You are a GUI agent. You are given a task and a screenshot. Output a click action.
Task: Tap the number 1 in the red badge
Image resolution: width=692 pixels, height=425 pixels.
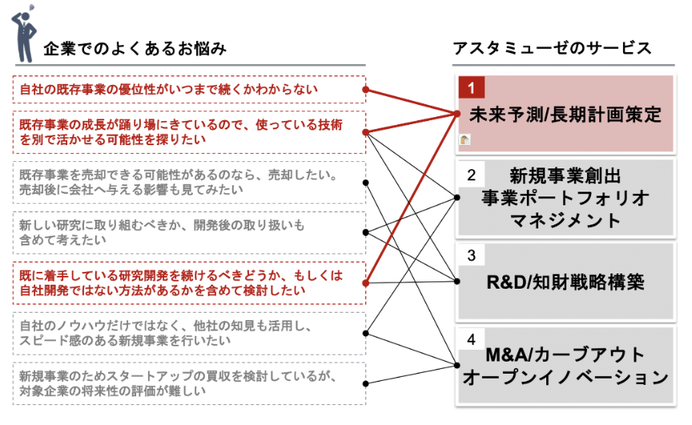[x=472, y=87]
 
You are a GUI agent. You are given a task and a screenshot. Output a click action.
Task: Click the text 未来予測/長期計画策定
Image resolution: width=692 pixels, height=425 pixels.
[x=565, y=115]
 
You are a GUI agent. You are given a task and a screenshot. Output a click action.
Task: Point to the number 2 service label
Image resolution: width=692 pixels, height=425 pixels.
[x=472, y=174]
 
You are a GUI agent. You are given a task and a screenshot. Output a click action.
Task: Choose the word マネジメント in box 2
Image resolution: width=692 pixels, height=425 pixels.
[x=565, y=220]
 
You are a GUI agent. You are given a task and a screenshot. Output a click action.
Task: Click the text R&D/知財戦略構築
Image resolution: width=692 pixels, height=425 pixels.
[x=565, y=282]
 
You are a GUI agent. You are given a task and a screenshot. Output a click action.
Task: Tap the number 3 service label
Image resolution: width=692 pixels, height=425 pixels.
[x=472, y=256]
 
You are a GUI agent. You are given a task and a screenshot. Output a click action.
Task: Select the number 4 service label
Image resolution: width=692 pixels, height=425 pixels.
[x=472, y=338]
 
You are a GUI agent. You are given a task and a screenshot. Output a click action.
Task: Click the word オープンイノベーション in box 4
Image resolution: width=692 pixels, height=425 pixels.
[x=565, y=376]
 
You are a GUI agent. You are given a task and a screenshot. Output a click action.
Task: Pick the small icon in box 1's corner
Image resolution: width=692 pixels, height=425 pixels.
[x=465, y=140]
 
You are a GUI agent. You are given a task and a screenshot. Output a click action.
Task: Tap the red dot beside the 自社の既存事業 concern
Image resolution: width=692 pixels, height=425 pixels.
[x=366, y=90]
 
